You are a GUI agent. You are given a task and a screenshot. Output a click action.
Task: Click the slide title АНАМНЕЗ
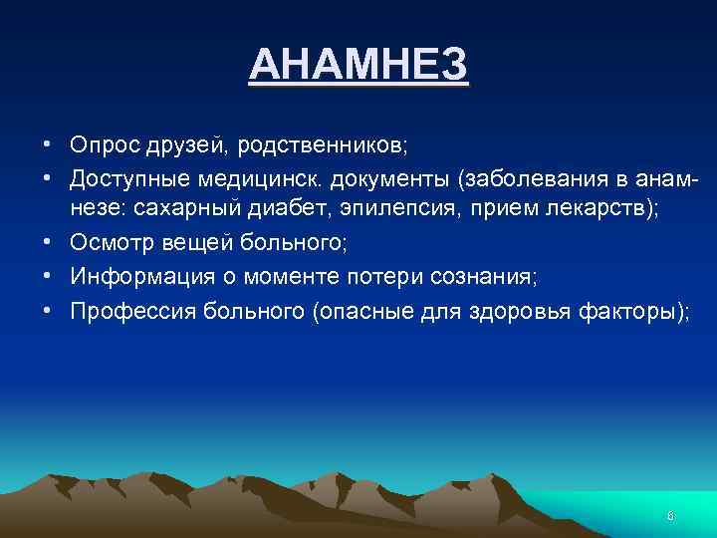(x=358, y=66)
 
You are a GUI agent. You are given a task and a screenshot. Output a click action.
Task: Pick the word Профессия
(x=130, y=312)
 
